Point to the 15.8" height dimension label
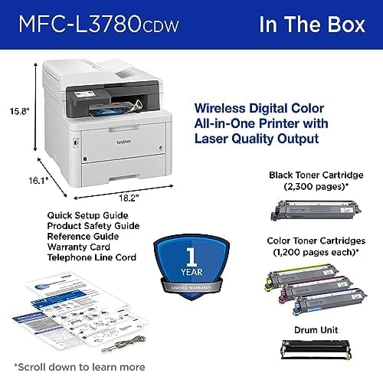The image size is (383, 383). click(x=18, y=110)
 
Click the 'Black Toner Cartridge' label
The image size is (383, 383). click(x=315, y=175)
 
